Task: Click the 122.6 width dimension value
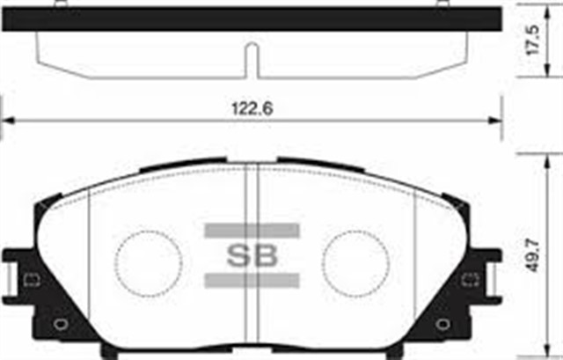coord(252,108)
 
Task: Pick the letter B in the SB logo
coord(265,257)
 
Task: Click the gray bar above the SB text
coord(252,231)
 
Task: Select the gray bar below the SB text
coord(252,282)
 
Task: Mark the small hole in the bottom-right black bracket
coord(445,322)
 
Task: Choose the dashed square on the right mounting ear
coord(473,282)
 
